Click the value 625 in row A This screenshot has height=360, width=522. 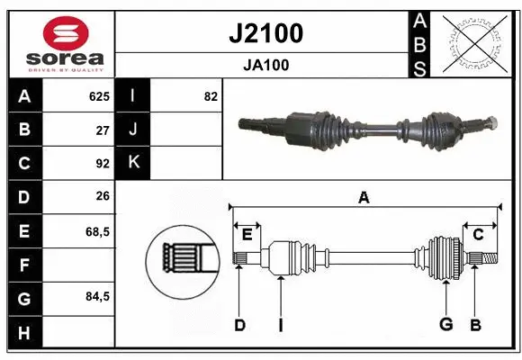coord(99,96)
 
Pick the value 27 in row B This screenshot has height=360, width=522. coord(103,130)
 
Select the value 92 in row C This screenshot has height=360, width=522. coord(103,164)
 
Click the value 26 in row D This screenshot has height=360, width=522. coord(103,197)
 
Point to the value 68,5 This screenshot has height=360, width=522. coord(97,231)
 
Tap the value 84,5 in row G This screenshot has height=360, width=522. coord(97,296)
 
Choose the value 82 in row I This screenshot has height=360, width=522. coord(211,96)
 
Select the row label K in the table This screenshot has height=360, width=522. coord(133,163)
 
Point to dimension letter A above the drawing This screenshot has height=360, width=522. coord(364,197)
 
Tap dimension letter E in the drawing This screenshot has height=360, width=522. coord(247,235)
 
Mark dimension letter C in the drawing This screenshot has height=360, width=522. coord(478,235)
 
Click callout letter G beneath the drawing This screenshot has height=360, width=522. coord(445,325)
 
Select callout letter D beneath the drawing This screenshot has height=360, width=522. coord(239,325)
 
